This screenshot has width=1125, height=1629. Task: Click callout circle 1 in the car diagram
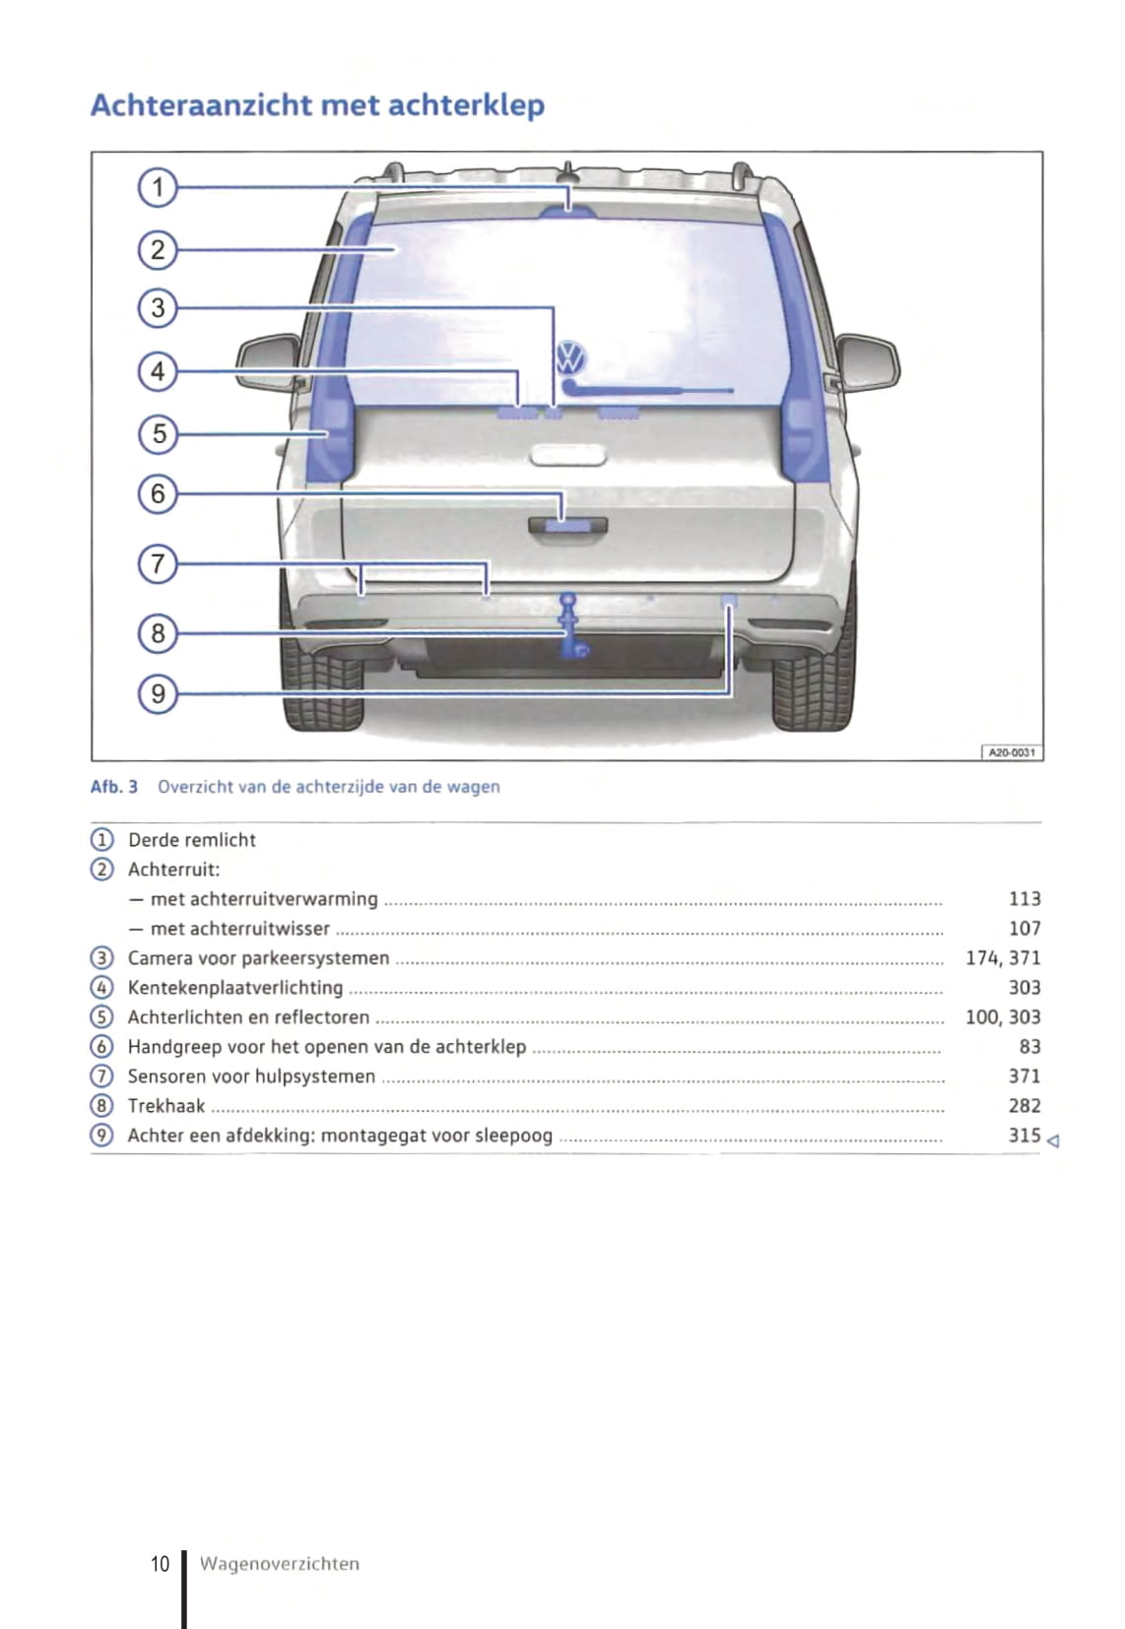[158, 187]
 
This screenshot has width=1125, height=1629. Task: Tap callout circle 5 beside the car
[158, 433]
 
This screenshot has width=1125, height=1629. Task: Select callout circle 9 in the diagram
[158, 694]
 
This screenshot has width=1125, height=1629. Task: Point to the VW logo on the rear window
[571, 357]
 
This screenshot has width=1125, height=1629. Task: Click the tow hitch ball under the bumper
[568, 600]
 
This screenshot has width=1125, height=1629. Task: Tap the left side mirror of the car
[268, 362]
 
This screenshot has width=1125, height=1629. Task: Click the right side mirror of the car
[867, 362]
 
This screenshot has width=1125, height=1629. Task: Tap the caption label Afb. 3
[114, 787]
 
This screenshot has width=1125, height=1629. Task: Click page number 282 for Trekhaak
[1025, 1106]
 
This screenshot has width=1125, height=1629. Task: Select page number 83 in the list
[1029, 1047]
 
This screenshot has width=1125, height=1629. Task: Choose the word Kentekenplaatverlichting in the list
[235, 988]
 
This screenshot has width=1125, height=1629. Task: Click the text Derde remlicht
[192, 840]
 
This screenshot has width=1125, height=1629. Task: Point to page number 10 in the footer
[161, 1564]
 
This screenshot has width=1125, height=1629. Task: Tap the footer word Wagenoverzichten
[280, 1564]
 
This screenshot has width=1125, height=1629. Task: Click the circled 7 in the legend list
[101, 1076]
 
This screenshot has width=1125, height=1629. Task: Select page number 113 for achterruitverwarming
[1025, 899]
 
